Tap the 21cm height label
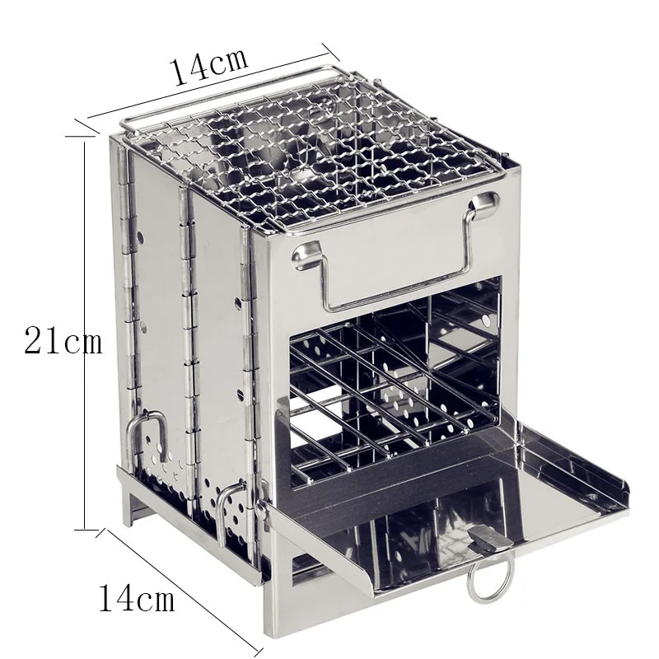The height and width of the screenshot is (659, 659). [x=63, y=340]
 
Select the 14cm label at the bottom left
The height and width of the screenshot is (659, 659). [x=137, y=598]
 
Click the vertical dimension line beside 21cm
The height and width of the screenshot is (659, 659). [x=86, y=329]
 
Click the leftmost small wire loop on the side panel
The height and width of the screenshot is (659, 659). [x=146, y=432]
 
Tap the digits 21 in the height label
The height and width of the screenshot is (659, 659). [x=41, y=340]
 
